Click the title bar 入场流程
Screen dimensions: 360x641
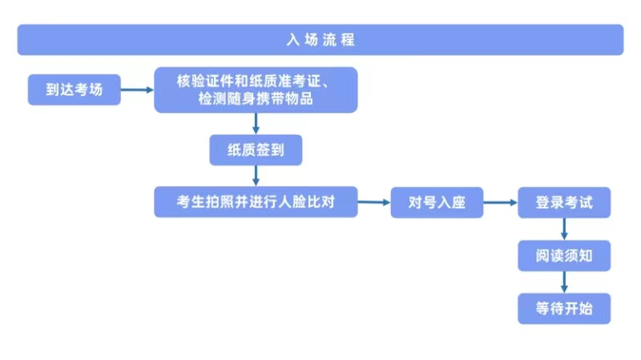point(320,39)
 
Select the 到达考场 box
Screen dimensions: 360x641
point(75,90)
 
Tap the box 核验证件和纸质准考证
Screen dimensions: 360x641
point(256,89)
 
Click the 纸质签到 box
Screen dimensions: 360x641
point(256,149)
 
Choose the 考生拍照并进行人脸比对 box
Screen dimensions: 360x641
point(256,202)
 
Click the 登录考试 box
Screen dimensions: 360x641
point(564,203)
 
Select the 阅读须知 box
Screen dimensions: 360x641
point(564,256)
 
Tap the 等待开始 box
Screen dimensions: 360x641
point(564,308)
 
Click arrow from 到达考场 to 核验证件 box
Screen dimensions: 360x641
point(138,90)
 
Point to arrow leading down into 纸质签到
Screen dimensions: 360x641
point(256,123)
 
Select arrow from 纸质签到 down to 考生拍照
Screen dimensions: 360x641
point(256,176)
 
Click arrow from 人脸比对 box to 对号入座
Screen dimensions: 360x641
point(373,203)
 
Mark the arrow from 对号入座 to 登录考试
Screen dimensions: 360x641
point(501,203)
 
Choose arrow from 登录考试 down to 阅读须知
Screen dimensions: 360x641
point(564,229)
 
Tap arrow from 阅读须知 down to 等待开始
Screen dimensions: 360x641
point(564,281)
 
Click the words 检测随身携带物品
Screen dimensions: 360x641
point(256,99)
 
